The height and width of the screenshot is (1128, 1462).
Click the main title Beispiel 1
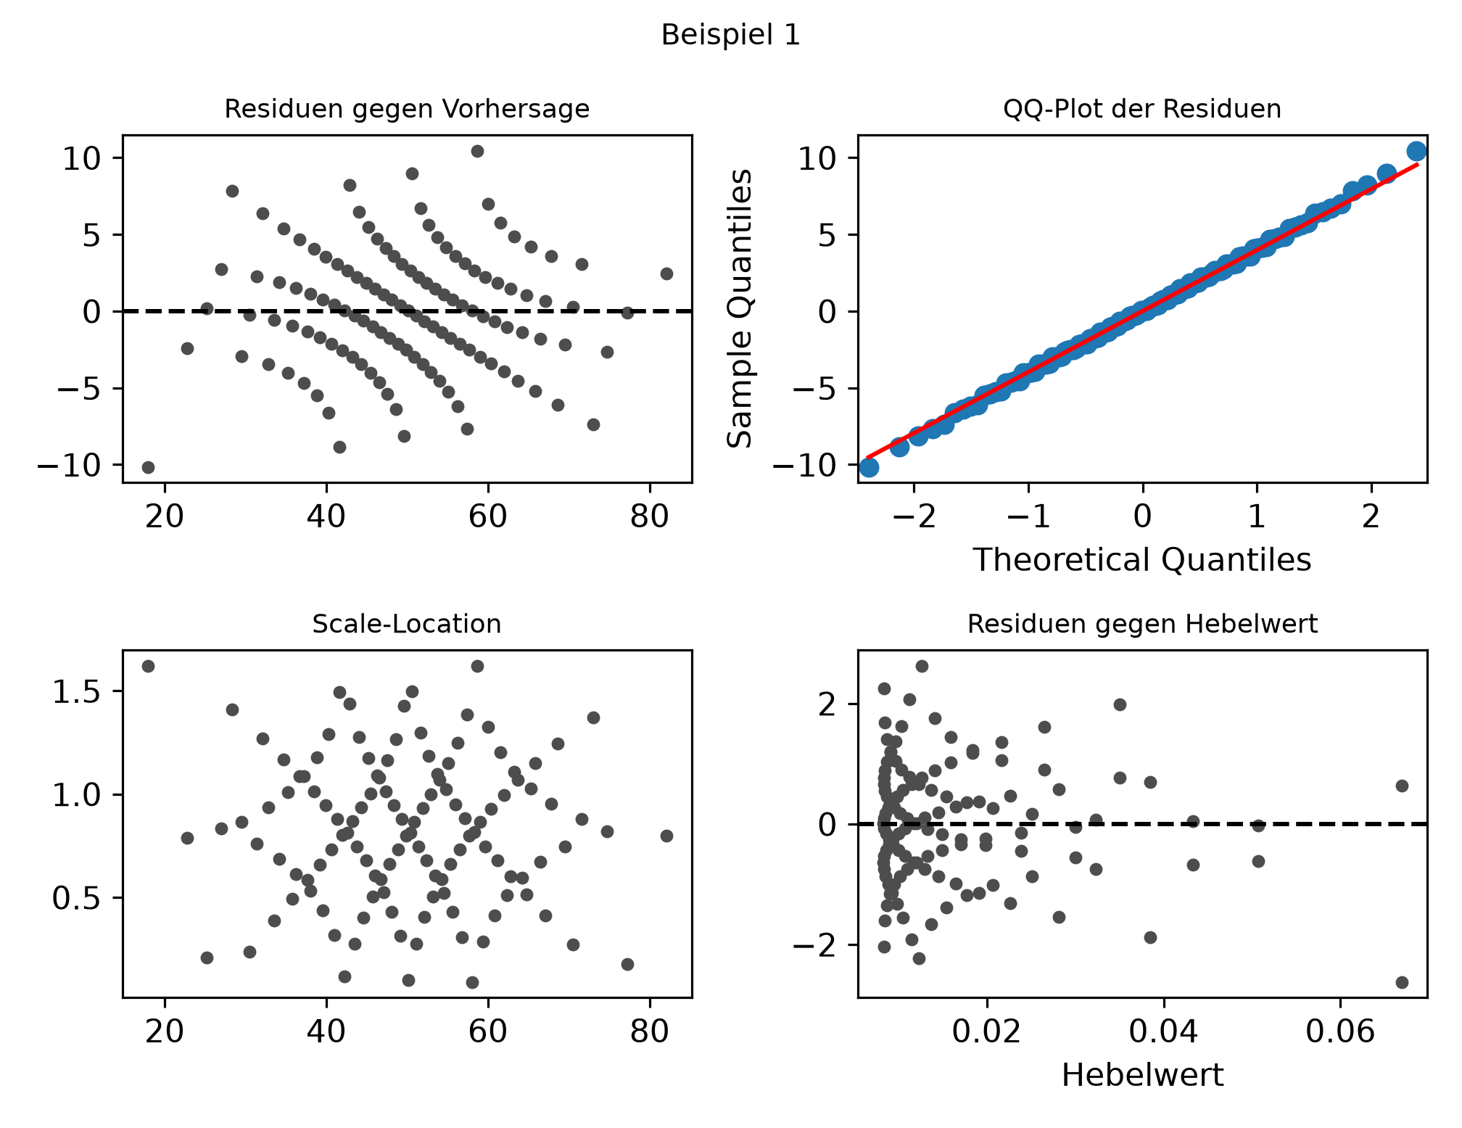tap(731, 35)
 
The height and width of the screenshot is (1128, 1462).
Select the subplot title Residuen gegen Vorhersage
tap(407, 109)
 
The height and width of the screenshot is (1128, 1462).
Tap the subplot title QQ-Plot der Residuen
tap(1142, 109)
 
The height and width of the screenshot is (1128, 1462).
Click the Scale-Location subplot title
tap(407, 624)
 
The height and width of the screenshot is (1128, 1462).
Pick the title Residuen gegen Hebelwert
tap(1142, 624)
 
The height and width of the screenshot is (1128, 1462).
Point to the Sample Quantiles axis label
tap(739, 308)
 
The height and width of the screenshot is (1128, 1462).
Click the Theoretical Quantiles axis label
tap(1142, 560)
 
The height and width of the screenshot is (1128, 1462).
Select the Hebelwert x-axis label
tap(1142, 1074)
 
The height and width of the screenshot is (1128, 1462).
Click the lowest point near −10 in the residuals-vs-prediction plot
tap(148, 467)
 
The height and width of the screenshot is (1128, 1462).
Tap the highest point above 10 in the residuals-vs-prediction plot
tap(477, 151)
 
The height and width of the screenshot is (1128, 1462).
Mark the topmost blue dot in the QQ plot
tap(1416, 151)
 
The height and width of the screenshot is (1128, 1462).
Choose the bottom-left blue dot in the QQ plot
tap(869, 467)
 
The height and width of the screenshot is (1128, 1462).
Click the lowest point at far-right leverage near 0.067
tap(1402, 982)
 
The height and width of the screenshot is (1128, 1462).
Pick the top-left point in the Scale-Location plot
tap(148, 666)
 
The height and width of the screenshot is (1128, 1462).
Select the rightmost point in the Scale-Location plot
tap(666, 836)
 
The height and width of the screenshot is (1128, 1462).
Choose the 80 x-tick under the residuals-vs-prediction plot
tap(649, 518)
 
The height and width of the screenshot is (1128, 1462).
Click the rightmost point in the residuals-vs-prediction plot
tap(666, 273)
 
